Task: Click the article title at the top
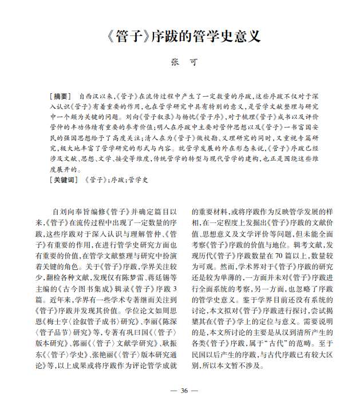[179, 37]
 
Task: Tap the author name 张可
[179, 62]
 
